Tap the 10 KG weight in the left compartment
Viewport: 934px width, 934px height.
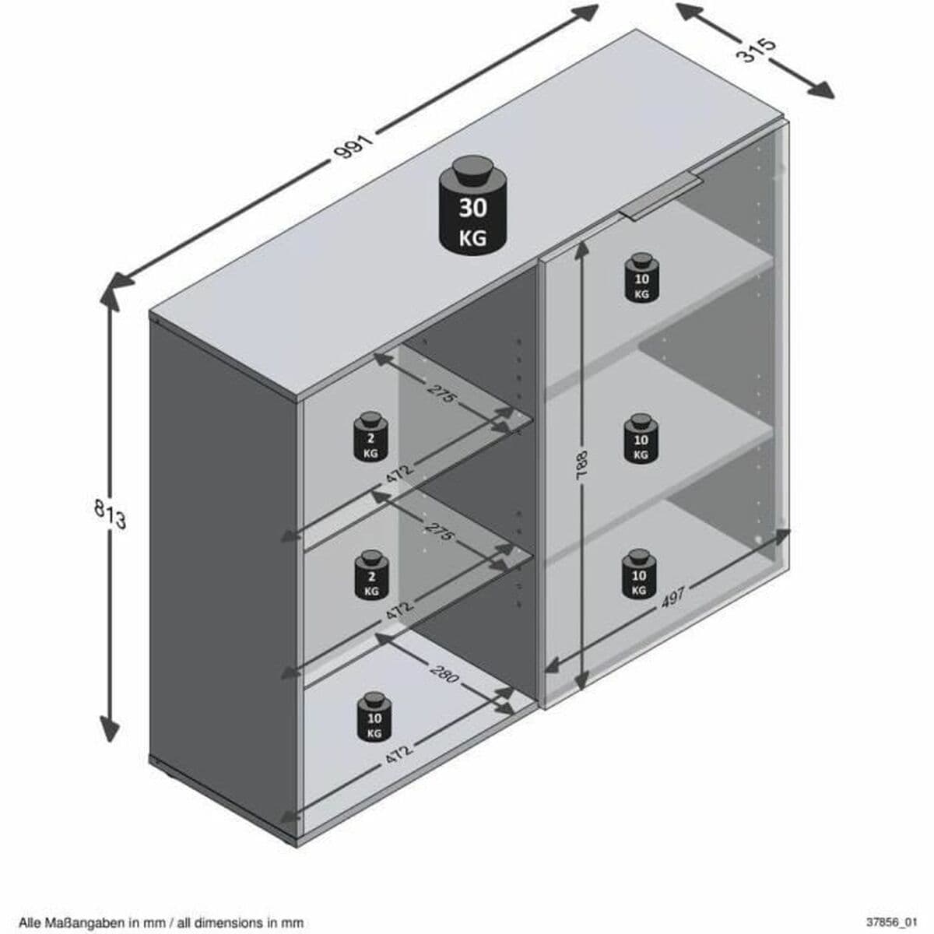[x=374, y=718]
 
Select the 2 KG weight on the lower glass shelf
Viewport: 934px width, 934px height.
[x=371, y=576]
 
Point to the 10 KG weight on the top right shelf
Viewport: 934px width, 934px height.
[x=641, y=279]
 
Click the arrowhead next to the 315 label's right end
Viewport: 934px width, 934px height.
[x=822, y=90]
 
